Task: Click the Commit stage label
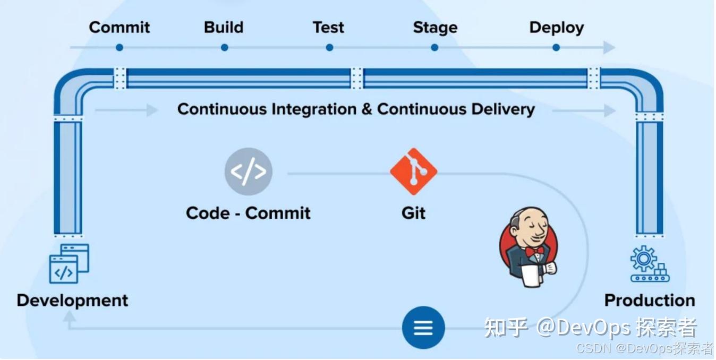pos(120,28)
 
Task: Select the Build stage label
pos(224,28)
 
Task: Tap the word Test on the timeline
pos(328,28)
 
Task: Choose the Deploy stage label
pos(556,28)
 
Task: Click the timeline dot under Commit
pos(120,48)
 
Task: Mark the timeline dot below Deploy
pos(556,48)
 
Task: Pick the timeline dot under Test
pos(329,48)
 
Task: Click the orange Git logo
pos(413,172)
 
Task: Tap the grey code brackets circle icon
pos(248,172)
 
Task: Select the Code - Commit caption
pos(248,213)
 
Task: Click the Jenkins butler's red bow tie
pos(534,250)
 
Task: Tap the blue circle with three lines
pos(423,327)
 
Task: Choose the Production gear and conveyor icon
pos(649,264)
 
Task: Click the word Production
pos(649,301)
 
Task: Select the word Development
pos(72,301)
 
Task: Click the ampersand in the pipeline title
pos(366,109)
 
